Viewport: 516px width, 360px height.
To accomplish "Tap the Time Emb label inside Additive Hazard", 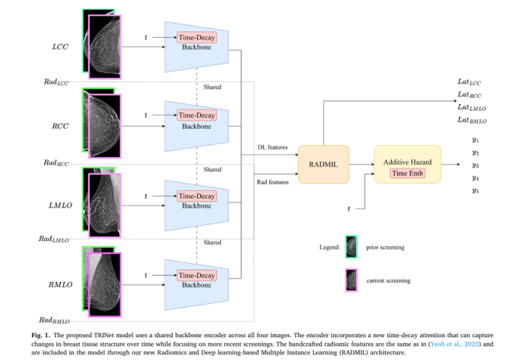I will (408, 173).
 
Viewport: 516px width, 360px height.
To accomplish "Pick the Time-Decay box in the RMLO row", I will (196, 275).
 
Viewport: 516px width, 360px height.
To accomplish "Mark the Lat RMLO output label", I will (472, 120).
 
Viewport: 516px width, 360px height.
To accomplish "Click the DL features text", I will (273, 147).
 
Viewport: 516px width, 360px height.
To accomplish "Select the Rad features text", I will (272, 180).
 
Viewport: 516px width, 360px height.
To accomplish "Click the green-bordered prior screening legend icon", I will (351, 246).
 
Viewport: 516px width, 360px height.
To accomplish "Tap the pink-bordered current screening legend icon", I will (351, 279).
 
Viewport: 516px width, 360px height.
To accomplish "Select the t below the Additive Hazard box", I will (348, 209).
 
